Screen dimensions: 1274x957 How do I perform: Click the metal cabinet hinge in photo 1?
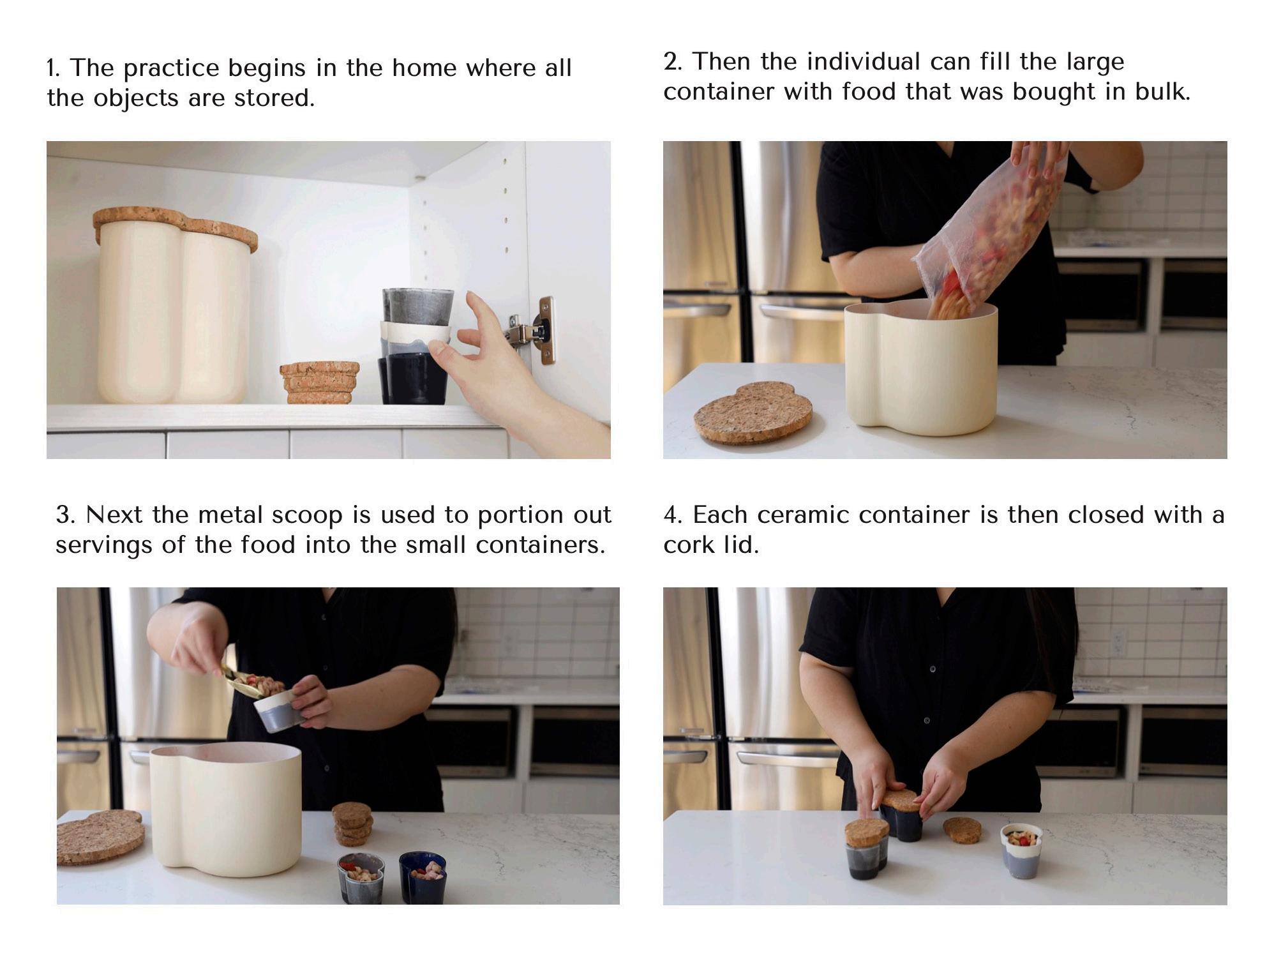click(534, 331)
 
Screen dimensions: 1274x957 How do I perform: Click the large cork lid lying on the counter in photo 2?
click(753, 412)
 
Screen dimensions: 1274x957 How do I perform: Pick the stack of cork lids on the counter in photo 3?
click(352, 824)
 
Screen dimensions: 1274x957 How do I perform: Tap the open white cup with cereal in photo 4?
click(1021, 850)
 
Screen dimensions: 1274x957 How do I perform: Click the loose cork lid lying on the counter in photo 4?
click(963, 829)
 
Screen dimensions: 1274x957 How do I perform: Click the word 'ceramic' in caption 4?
click(803, 515)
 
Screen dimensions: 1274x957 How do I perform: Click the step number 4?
click(673, 515)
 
